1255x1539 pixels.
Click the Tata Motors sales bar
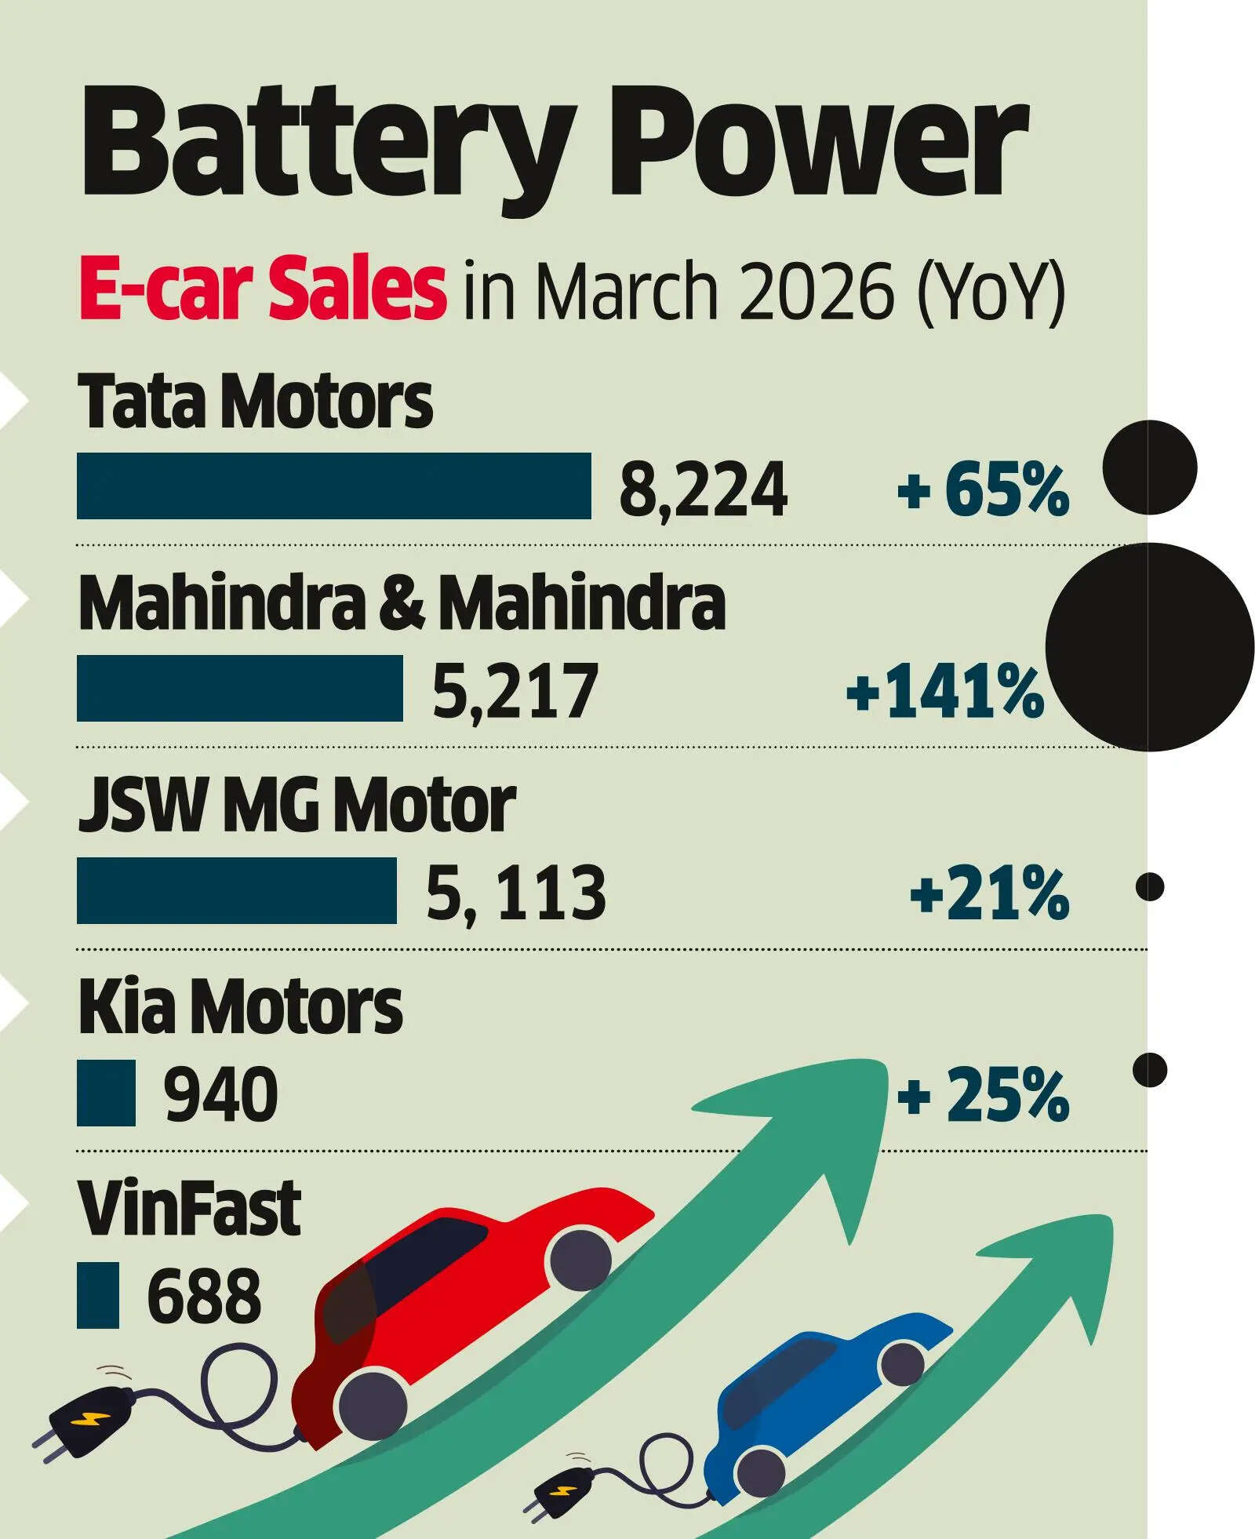333,486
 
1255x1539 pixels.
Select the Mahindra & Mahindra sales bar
239,688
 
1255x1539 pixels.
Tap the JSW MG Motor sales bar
236,890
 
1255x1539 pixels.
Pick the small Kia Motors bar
106,1093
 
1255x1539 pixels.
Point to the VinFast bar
97,1295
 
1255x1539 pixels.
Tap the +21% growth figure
989,893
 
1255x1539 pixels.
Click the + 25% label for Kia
984,1096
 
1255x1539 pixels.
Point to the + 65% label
984,490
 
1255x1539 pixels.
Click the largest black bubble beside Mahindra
1149,647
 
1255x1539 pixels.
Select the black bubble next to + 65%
1149,468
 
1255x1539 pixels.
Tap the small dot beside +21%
1150,887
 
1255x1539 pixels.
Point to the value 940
220,1095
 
